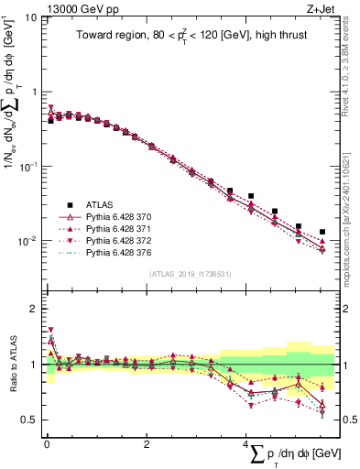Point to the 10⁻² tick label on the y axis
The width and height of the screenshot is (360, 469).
(27, 241)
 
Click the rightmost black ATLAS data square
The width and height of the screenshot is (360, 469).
(322, 232)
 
